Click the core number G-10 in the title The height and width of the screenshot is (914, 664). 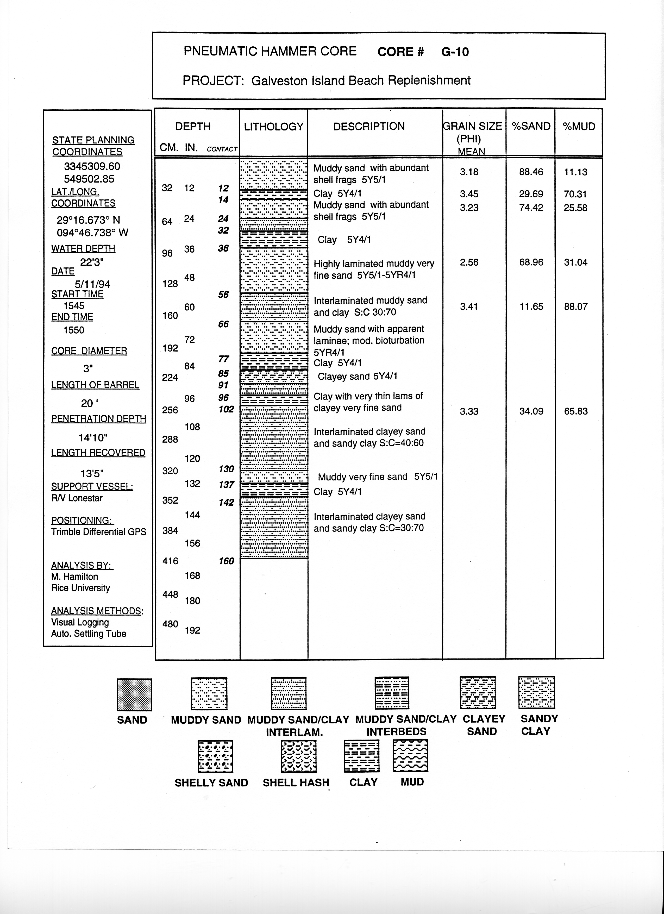(x=455, y=52)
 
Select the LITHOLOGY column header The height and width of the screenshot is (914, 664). (x=274, y=127)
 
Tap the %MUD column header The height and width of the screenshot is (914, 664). (x=579, y=127)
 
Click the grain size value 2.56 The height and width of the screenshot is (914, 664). (x=469, y=262)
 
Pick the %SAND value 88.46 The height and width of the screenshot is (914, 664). (x=531, y=172)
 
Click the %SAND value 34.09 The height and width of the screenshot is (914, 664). (x=531, y=411)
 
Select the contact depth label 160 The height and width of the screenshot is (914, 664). (x=226, y=561)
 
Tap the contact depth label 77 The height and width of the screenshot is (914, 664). (x=224, y=359)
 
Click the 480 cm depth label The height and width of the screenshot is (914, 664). (x=170, y=624)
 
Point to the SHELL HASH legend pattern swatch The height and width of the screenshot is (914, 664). (x=298, y=756)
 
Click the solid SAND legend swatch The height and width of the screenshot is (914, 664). (x=134, y=695)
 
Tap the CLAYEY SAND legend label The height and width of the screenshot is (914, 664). (x=484, y=725)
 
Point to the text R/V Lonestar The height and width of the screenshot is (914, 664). (x=77, y=498)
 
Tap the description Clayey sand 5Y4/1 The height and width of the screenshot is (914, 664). (x=357, y=376)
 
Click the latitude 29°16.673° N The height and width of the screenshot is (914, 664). (x=88, y=220)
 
